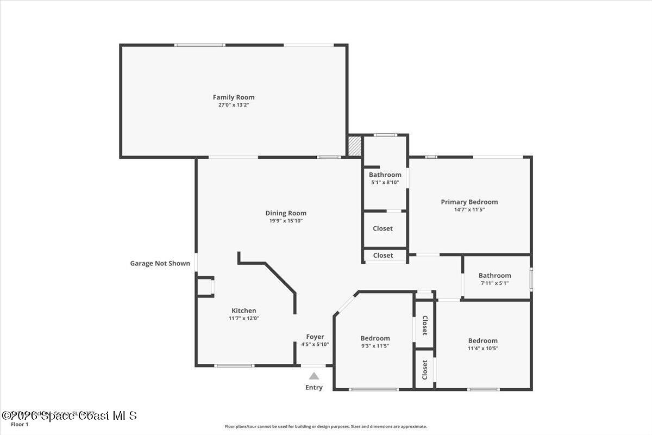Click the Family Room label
234,97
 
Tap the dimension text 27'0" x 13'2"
234,105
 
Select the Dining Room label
286,213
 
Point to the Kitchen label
244,310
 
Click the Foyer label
315,337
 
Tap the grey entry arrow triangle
314,376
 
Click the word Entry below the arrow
314,388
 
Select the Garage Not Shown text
160,263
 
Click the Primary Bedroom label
469,202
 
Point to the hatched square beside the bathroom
355,146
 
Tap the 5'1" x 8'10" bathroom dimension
385,183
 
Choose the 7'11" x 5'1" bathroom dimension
494,283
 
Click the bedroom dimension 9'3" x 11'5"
375,346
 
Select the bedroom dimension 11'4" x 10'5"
483,348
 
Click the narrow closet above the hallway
383,255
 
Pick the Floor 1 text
20,424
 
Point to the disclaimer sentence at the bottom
326,426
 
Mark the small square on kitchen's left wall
205,287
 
